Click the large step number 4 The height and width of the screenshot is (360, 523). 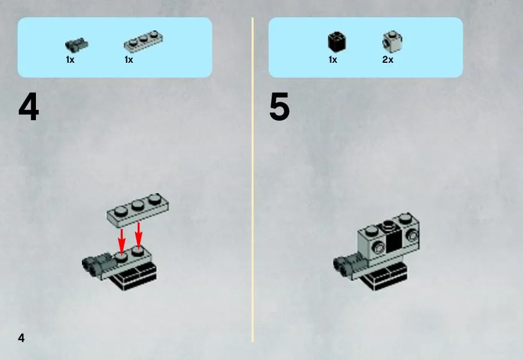(x=29, y=106)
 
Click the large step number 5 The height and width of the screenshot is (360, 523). (x=279, y=106)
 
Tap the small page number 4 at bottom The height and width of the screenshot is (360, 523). (x=22, y=338)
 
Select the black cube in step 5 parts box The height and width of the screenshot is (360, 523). (x=336, y=42)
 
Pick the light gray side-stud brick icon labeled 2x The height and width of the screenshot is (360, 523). (x=392, y=41)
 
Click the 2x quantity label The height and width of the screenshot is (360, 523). (x=388, y=60)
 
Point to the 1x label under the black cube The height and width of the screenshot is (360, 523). (x=333, y=60)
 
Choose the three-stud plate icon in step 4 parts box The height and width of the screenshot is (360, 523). (x=144, y=41)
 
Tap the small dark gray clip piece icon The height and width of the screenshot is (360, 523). (x=77, y=45)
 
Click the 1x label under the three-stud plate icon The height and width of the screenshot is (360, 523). (x=129, y=60)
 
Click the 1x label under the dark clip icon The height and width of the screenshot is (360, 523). (x=70, y=60)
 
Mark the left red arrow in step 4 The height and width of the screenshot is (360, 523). (x=121, y=241)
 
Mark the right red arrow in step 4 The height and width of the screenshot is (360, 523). (x=138, y=235)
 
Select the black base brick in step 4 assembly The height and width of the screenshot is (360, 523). (x=135, y=275)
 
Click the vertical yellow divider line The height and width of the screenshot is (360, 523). (x=253, y=180)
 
